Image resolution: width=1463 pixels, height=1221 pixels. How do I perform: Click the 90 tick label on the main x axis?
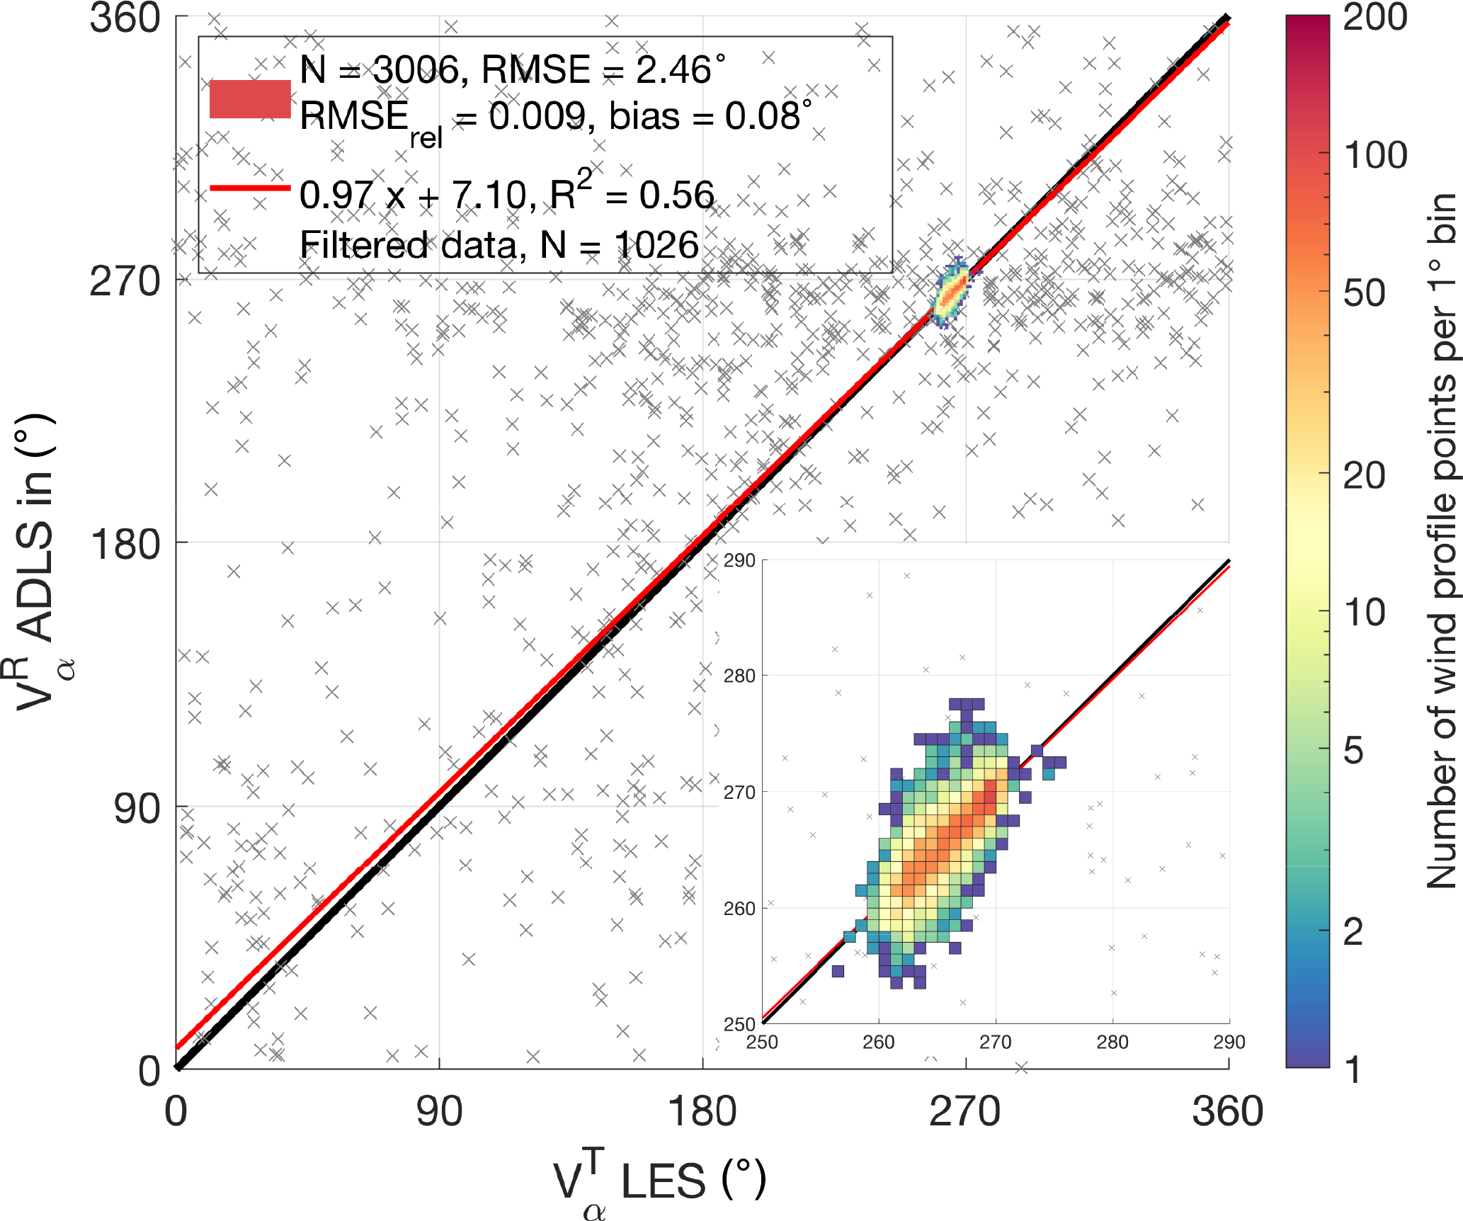[x=439, y=1111]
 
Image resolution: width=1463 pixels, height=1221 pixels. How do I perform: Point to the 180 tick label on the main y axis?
[x=126, y=545]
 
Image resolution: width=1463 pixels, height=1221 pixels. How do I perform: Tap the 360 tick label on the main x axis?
[x=1227, y=1111]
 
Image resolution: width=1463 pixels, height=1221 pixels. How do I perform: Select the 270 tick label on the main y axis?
[x=126, y=281]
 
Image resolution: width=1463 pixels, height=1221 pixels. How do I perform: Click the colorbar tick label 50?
[x=1364, y=293]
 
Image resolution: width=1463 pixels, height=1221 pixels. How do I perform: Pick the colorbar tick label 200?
[x=1374, y=17]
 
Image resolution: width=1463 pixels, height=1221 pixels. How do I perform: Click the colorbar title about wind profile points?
[x=1442, y=541]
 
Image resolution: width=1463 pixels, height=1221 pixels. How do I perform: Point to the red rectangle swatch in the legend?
[x=250, y=99]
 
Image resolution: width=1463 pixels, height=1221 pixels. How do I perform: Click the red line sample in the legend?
[x=250, y=188]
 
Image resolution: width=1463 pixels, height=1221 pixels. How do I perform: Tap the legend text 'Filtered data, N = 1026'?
[x=499, y=246]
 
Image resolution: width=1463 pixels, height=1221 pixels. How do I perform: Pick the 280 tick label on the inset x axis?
[x=1112, y=1043]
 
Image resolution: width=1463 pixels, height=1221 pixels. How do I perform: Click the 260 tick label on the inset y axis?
[x=739, y=909]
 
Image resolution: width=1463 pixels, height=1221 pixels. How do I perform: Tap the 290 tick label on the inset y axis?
[x=739, y=561]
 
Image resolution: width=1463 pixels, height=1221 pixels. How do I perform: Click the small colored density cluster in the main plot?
[x=952, y=293]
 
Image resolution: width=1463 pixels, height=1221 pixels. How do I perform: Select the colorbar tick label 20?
[x=1364, y=475]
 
